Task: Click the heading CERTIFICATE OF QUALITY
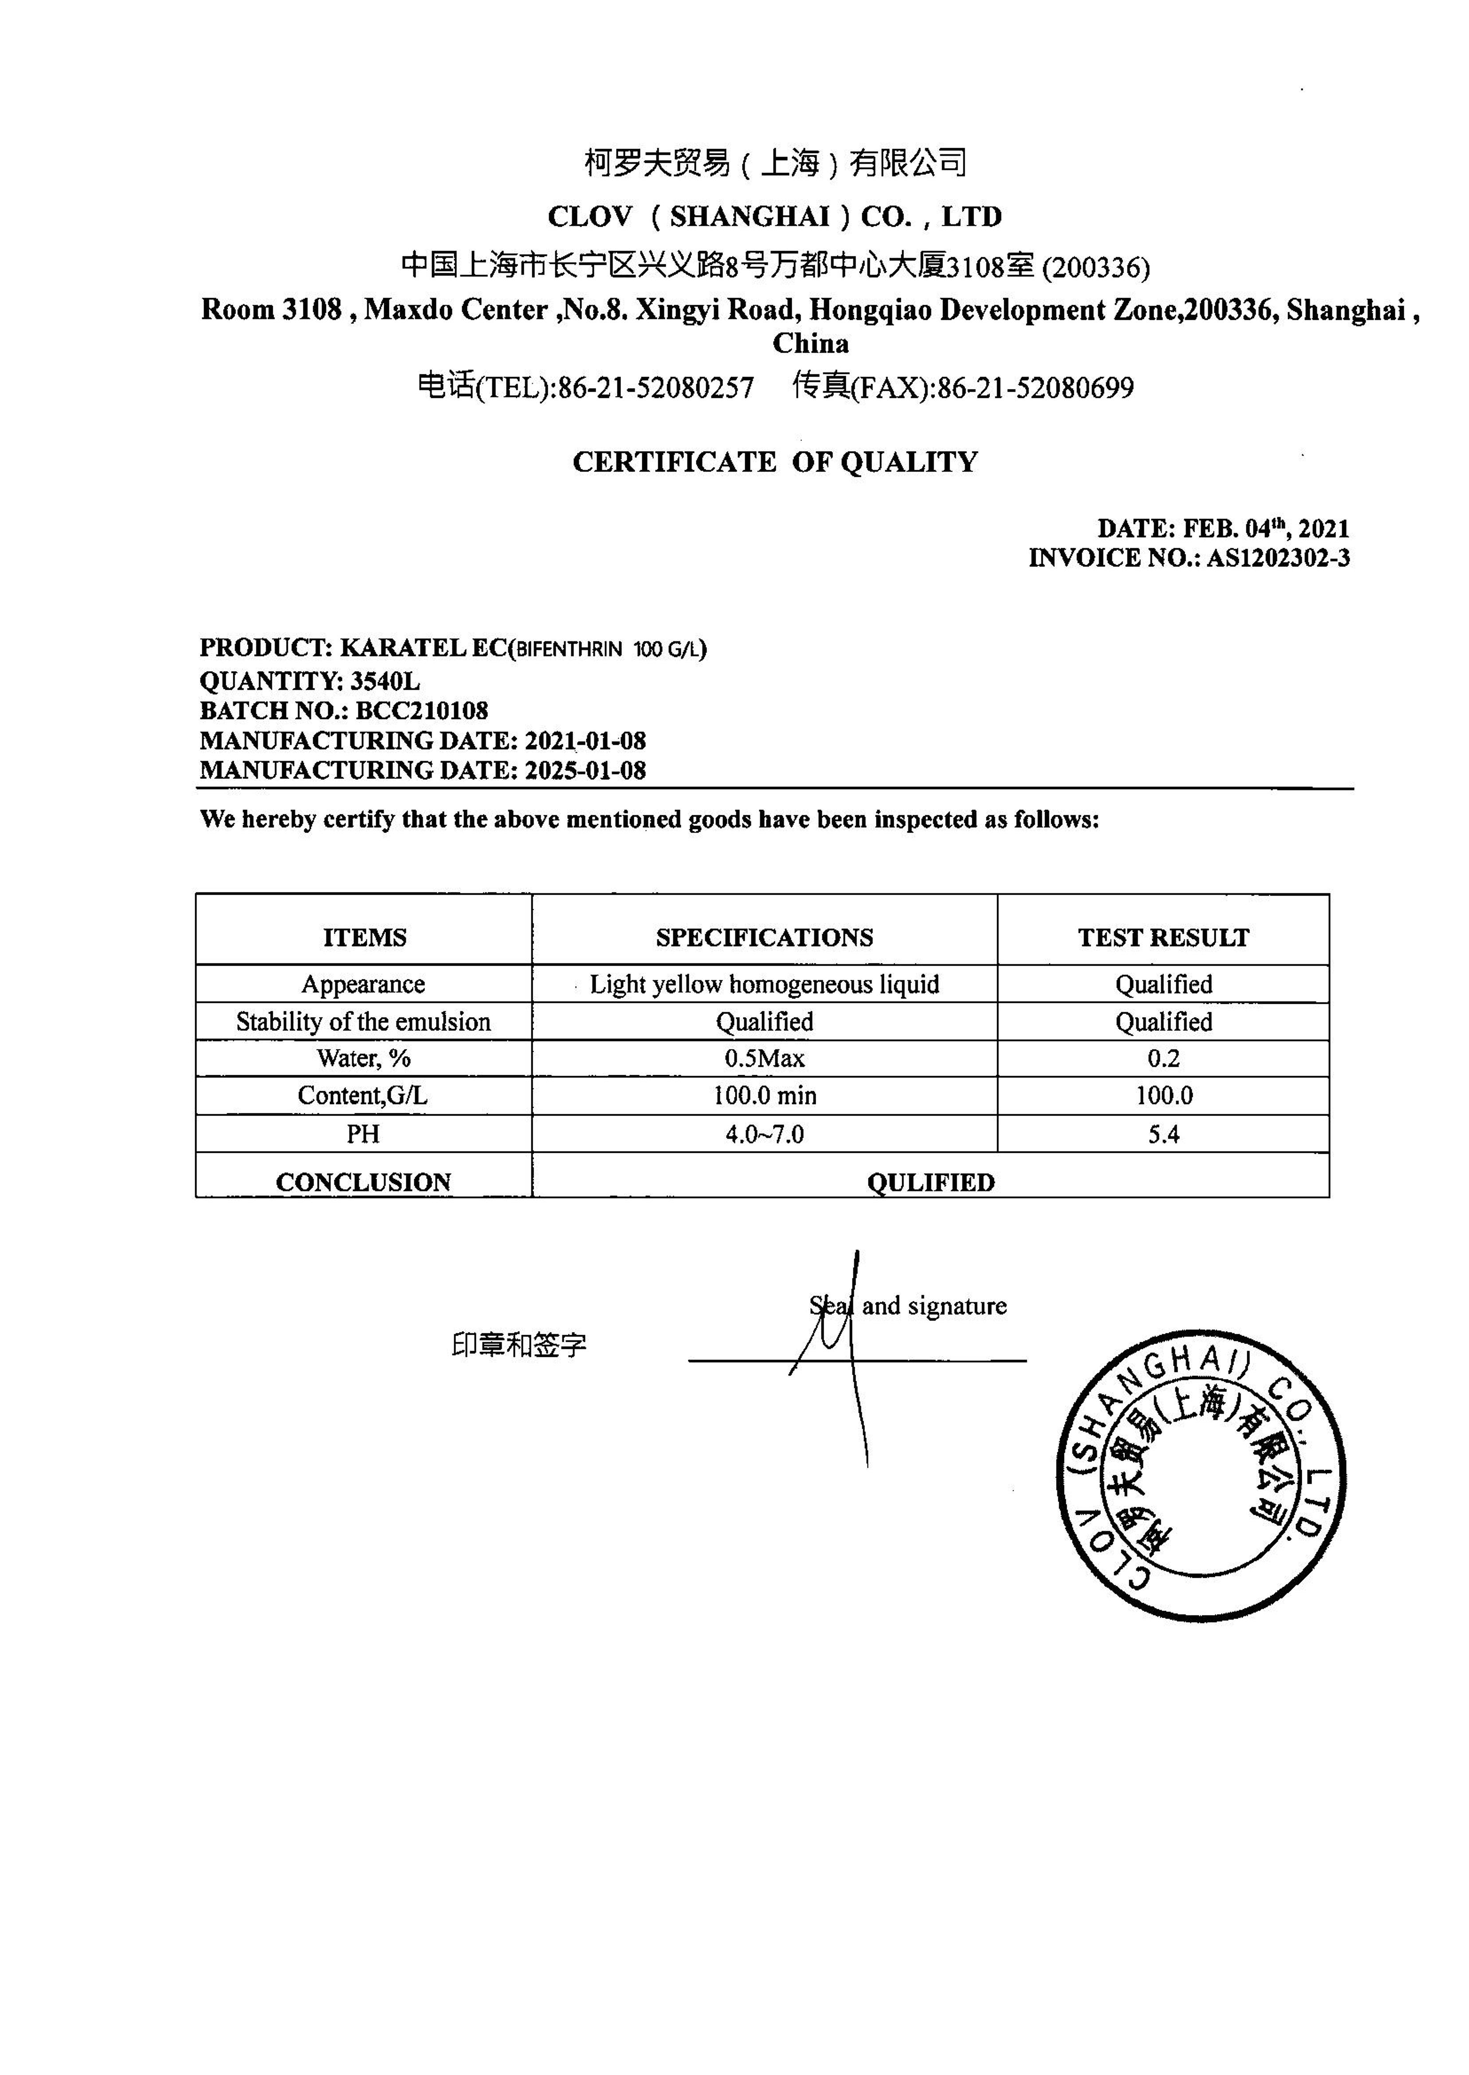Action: (775, 462)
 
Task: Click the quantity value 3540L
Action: (385, 681)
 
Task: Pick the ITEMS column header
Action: (365, 937)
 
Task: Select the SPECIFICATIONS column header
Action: (764, 937)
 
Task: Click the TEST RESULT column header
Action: (1163, 937)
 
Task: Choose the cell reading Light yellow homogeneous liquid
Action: (764, 984)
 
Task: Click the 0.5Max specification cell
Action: (764, 1058)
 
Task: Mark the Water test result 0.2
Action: (1163, 1058)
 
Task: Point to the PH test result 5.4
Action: (1163, 1134)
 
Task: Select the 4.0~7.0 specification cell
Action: (764, 1134)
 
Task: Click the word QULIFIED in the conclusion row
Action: (930, 1182)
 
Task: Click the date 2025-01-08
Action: (585, 770)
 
